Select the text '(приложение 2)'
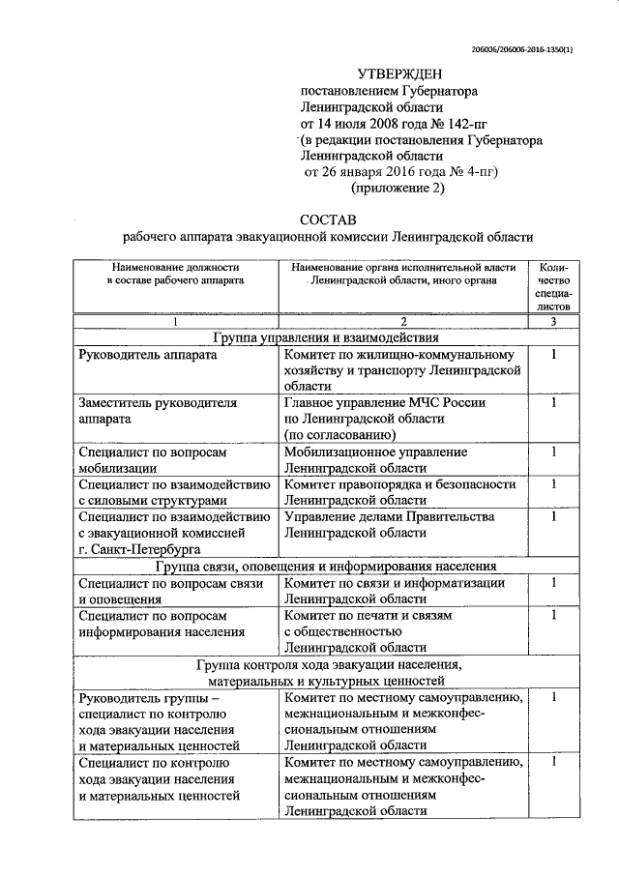398,189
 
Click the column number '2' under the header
401,320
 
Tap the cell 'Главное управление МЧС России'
385,402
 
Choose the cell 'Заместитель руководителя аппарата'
157,410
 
